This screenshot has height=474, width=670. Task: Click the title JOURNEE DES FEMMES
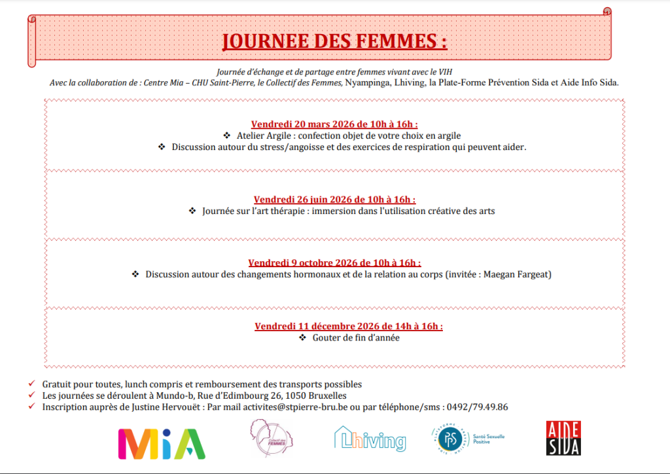(334, 41)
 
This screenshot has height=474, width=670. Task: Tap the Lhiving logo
(370, 440)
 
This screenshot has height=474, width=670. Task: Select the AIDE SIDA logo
(563, 438)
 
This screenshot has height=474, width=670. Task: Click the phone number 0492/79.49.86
(476, 407)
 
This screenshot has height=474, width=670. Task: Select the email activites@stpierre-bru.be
(304, 407)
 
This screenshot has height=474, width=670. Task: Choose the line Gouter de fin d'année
(356, 338)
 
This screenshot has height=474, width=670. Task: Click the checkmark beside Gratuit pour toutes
(32, 384)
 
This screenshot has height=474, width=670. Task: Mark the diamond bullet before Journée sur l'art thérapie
(192, 211)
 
